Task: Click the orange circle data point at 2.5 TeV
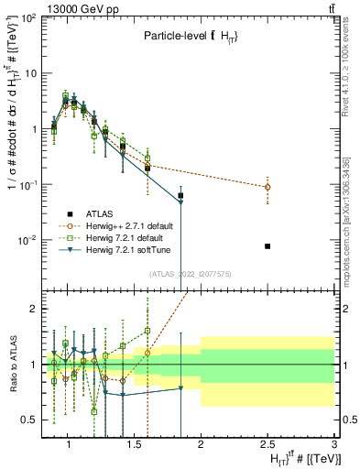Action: pos(267,187)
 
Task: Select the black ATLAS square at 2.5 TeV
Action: pos(267,245)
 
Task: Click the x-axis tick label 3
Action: pos(334,446)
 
